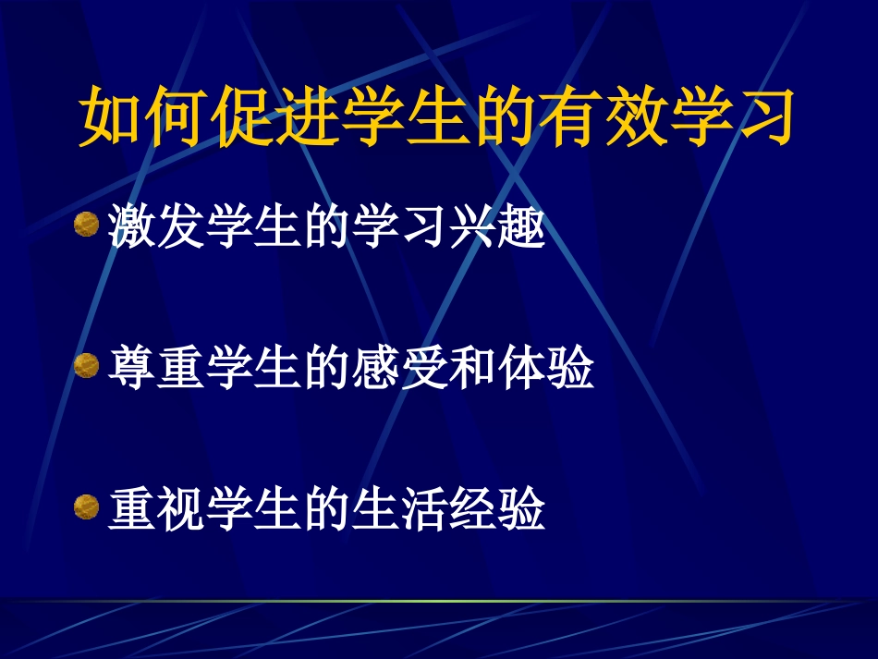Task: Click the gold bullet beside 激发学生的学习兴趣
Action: (x=86, y=225)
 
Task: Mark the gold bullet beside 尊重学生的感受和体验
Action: (x=86, y=366)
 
